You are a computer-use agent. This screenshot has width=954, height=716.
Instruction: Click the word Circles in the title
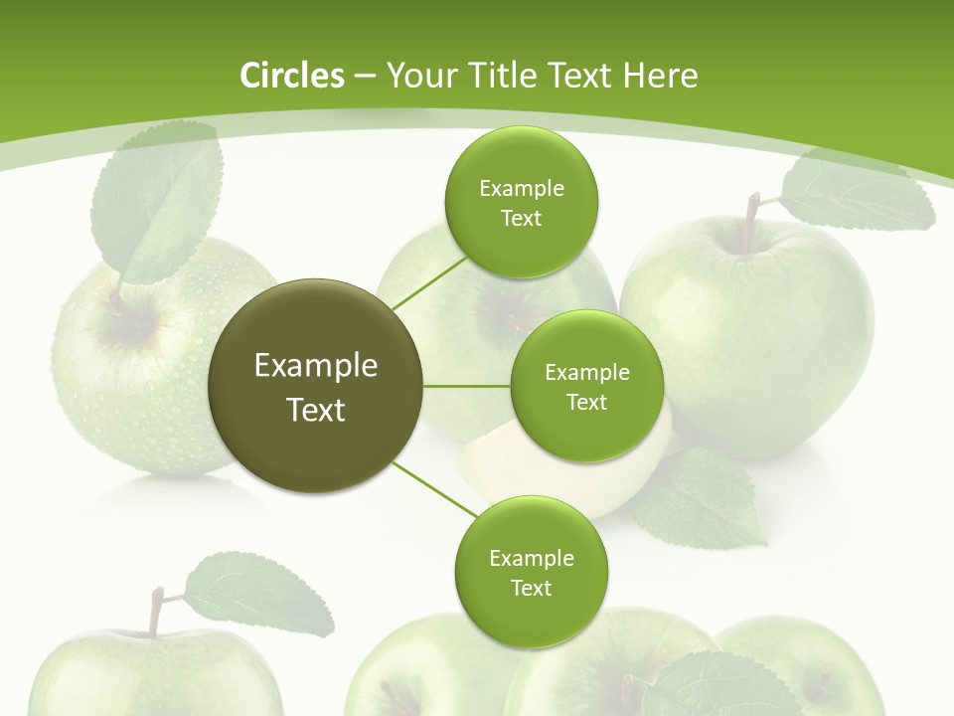click(291, 76)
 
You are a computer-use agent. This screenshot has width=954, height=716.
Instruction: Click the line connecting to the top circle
click(429, 282)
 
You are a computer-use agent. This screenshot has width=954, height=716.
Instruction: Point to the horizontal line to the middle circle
click(466, 386)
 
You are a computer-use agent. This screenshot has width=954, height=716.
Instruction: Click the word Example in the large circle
click(316, 366)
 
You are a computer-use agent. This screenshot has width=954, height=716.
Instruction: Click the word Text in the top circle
click(521, 218)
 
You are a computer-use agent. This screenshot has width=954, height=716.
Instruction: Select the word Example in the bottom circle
click(531, 558)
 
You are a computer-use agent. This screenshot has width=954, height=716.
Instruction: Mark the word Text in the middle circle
click(586, 402)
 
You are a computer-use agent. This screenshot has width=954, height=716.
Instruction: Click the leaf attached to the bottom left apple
click(260, 594)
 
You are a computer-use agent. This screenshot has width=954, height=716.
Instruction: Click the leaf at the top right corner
click(855, 194)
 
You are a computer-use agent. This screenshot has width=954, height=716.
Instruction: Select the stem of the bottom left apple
click(156, 611)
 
